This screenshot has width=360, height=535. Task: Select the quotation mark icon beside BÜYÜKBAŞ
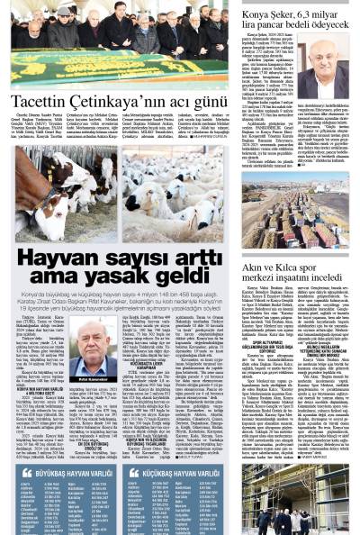28,471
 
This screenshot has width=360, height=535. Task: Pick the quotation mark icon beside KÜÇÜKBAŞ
133,471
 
